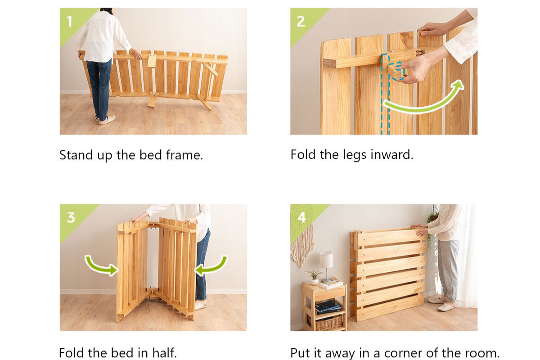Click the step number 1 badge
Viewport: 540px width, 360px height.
69,21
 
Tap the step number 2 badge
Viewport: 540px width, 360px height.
301,22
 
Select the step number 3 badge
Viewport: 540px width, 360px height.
71,217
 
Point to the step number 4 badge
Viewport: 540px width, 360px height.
301,217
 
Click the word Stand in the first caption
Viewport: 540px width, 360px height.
76,155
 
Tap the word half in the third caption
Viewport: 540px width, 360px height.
164,353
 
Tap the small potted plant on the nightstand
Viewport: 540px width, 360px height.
315,277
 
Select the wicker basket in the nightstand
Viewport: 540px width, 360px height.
328,322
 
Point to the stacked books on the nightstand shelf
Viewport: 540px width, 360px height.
328,307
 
